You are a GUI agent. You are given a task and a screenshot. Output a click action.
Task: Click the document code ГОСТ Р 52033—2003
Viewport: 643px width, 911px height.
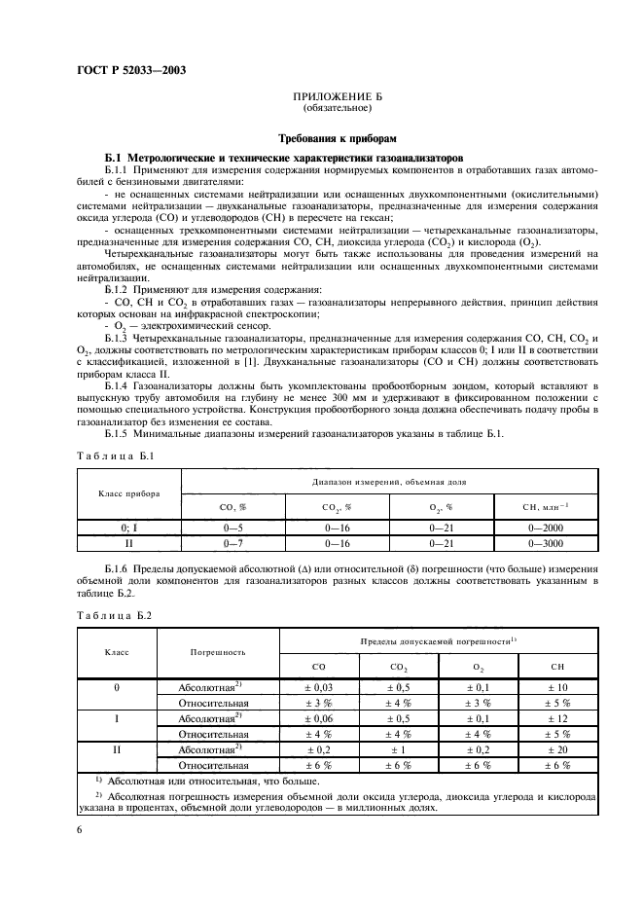(132, 70)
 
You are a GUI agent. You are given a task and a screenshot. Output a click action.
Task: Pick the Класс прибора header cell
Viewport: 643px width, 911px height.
(129, 492)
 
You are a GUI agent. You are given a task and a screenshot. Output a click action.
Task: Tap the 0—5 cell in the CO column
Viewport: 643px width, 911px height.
(233, 527)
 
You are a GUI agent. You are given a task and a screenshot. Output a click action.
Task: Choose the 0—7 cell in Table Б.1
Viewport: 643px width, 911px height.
(233, 541)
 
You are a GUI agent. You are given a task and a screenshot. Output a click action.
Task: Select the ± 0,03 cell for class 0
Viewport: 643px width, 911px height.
(319, 687)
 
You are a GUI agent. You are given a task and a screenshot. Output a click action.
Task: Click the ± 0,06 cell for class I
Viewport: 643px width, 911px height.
(319, 718)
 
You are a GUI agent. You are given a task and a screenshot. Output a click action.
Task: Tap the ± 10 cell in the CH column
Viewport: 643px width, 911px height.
(557, 687)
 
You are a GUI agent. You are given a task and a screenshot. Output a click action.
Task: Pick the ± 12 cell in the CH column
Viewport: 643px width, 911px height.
(557, 718)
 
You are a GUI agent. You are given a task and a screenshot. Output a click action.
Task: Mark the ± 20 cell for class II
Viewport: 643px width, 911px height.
(557, 749)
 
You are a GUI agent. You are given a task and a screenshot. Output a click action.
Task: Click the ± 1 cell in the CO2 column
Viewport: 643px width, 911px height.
(399, 749)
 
